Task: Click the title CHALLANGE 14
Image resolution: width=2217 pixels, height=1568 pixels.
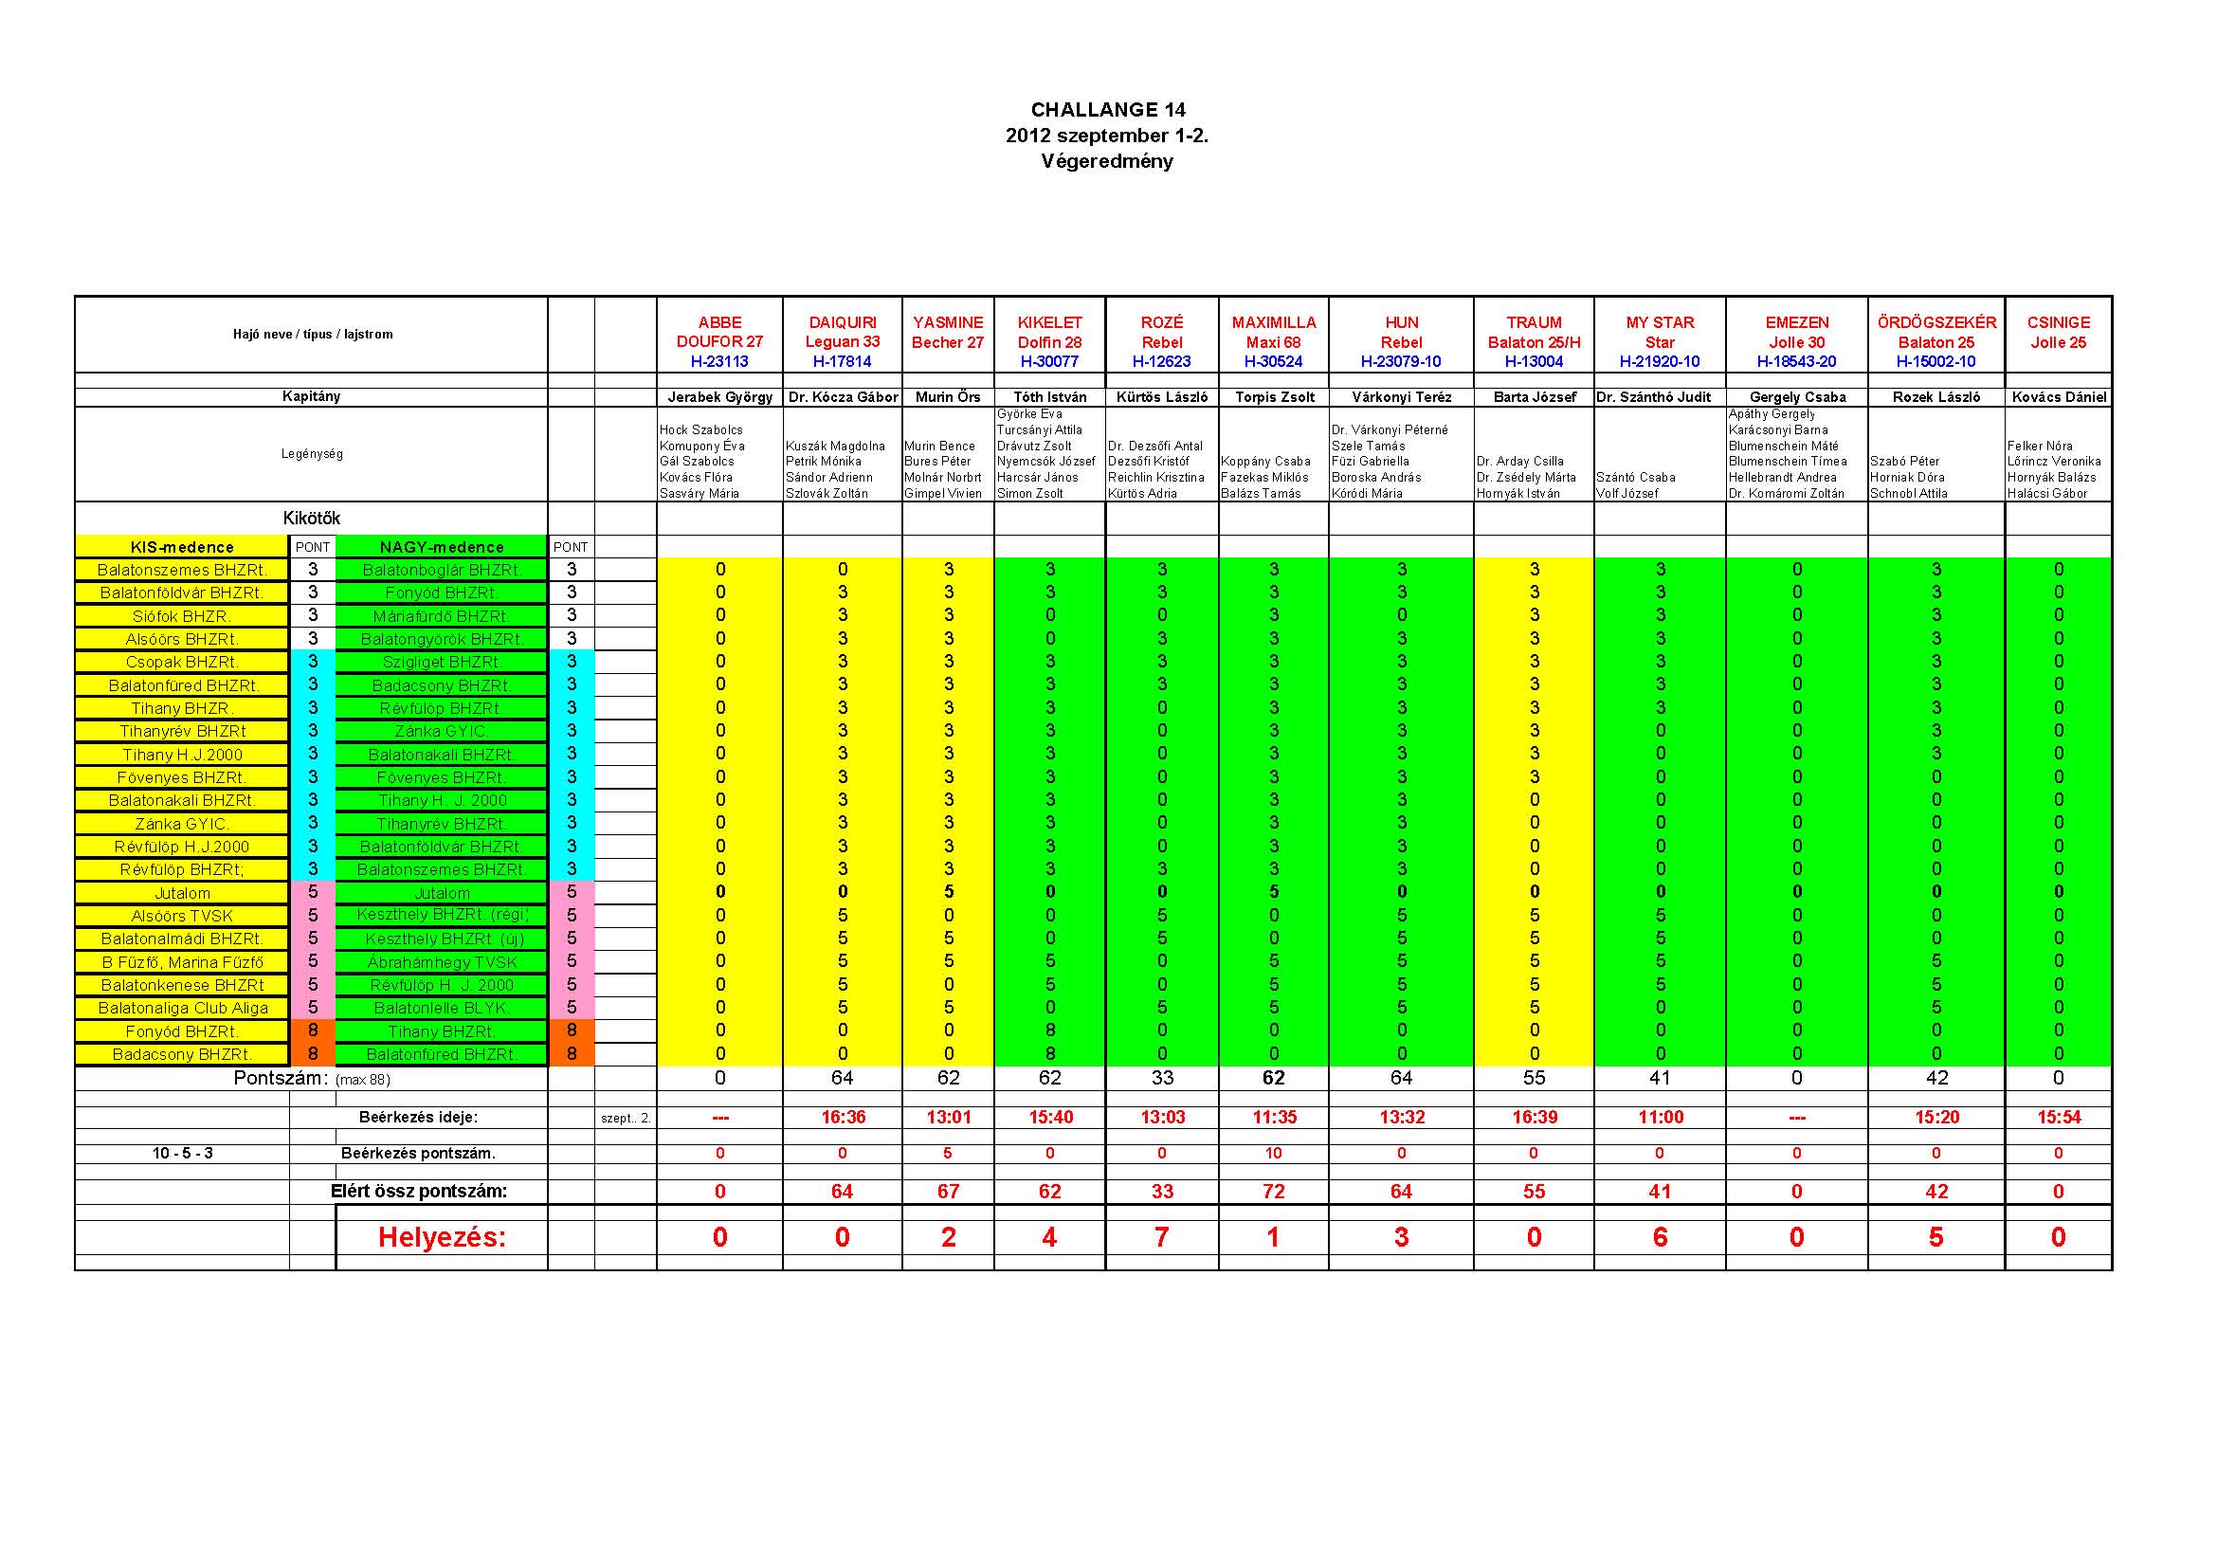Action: pyautogui.click(x=1107, y=110)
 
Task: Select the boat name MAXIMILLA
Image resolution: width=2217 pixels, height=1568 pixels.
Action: pyautogui.click(x=1274, y=322)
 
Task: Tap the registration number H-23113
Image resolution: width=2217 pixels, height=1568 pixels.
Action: pyautogui.click(x=719, y=362)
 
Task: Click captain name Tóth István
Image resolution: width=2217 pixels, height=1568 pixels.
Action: pyautogui.click(x=1049, y=397)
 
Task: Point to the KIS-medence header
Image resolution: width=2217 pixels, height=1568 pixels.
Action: pyautogui.click(x=183, y=547)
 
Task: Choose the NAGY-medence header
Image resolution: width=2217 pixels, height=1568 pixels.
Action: pyautogui.click(x=442, y=547)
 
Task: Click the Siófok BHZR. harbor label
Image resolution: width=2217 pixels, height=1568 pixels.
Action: pyautogui.click(x=182, y=616)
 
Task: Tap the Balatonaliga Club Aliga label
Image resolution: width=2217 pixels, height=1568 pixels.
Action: pyautogui.click(x=183, y=1008)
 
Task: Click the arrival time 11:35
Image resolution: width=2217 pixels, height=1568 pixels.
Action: pyautogui.click(x=1274, y=1117)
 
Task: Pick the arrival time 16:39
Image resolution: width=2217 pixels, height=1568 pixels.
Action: pyautogui.click(x=1534, y=1117)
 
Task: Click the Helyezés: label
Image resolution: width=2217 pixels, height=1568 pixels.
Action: pyautogui.click(x=442, y=1237)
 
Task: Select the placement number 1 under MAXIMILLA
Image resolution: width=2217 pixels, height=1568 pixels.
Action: pyautogui.click(x=1274, y=1237)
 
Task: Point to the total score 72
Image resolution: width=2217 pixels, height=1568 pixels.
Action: pyautogui.click(x=1274, y=1192)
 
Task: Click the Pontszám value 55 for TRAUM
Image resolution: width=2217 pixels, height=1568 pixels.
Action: pyautogui.click(x=1534, y=1078)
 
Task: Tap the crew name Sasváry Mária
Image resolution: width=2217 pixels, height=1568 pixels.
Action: pyautogui.click(x=700, y=493)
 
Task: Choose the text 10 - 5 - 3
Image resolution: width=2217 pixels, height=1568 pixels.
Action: pyautogui.click(x=183, y=1153)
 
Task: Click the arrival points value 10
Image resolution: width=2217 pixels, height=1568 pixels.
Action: pyautogui.click(x=1274, y=1153)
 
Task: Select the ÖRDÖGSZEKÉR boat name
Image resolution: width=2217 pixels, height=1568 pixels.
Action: pyautogui.click(x=1936, y=322)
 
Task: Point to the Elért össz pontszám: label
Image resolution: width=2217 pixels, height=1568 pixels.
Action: pyautogui.click(x=418, y=1192)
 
